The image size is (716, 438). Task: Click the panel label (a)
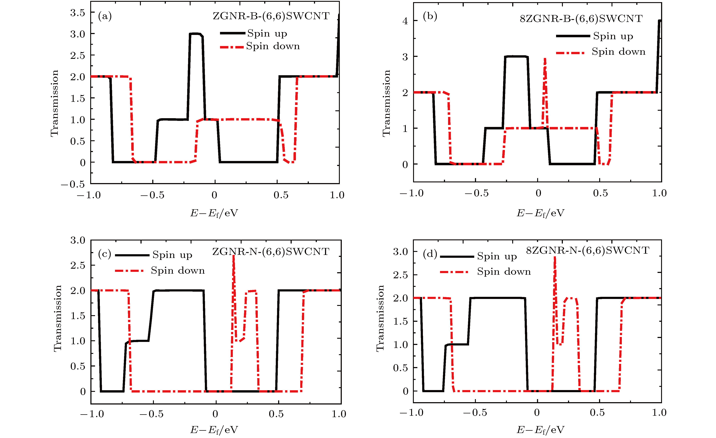(x=105, y=16)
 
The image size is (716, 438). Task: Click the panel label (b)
(x=430, y=16)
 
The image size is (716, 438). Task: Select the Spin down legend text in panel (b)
(x=618, y=52)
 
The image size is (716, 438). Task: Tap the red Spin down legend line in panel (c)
(x=129, y=271)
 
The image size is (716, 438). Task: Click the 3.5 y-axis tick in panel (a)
(x=78, y=13)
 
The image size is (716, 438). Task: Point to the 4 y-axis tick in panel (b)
(x=405, y=21)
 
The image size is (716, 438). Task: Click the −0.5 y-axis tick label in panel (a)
(x=73, y=184)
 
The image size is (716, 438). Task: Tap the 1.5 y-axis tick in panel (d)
(x=400, y=321)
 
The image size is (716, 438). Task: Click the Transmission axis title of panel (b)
(x=387, y=103)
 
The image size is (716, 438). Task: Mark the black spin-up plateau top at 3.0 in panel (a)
(x=195, y=34)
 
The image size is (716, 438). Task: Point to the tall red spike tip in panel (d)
(x=555, y=258)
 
